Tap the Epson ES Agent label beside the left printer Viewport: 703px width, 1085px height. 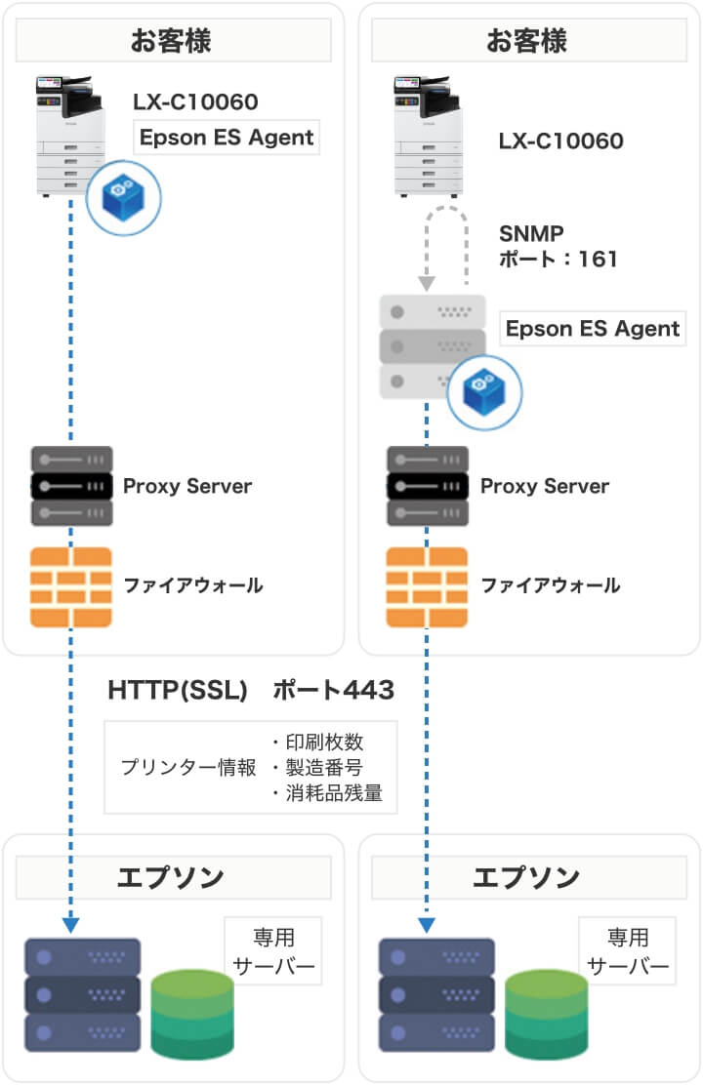pyautogui.click(x=227, y=138)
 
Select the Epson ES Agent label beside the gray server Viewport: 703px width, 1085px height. pyautogui.click(x=593, y=328)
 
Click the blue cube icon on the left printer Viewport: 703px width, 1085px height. pyautogui.click(x=123, y=197)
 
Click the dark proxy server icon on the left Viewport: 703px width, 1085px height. pyautogui.click(x=71, y=486)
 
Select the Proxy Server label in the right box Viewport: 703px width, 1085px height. pyautogui.click(x=545, y=486)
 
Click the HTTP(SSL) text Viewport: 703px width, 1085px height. pyautogui.click(x=176, y=691)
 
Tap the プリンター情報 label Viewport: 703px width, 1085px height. pyautogui.click(x=188, y=768)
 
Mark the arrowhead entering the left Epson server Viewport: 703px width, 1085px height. pyautogui.click(x=71, y=923)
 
